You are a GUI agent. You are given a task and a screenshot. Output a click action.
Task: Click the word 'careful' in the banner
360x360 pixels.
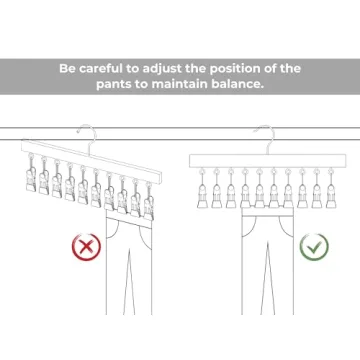105,68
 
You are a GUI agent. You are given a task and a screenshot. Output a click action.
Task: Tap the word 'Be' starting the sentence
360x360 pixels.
68,68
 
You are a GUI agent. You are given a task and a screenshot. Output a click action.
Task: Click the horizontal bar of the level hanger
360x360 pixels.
269,161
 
